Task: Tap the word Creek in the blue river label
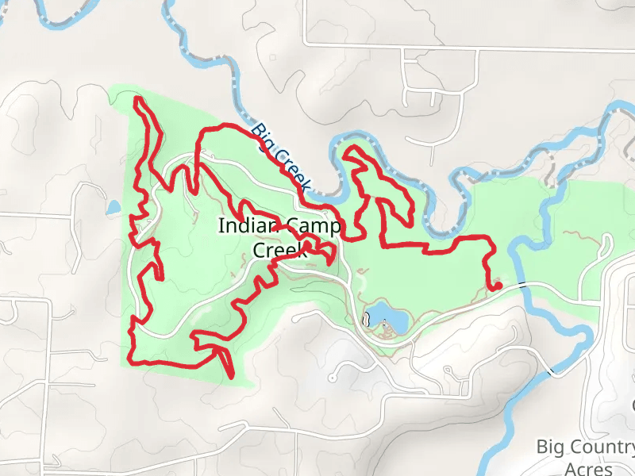pyautogui.click(x=291, y=170)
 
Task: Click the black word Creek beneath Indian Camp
pyautogui.click(x=279, y=249)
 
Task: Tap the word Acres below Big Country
pyautogui.click(x=588, y=468)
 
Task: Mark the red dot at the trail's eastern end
pyautogui.click(x=498, y=286)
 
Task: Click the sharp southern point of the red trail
pyautogui.click(x=231, y=376)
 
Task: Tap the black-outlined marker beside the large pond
pyautogui.click(x=367, y=321)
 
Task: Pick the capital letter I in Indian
pyautogui.click(x=221, y=226)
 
